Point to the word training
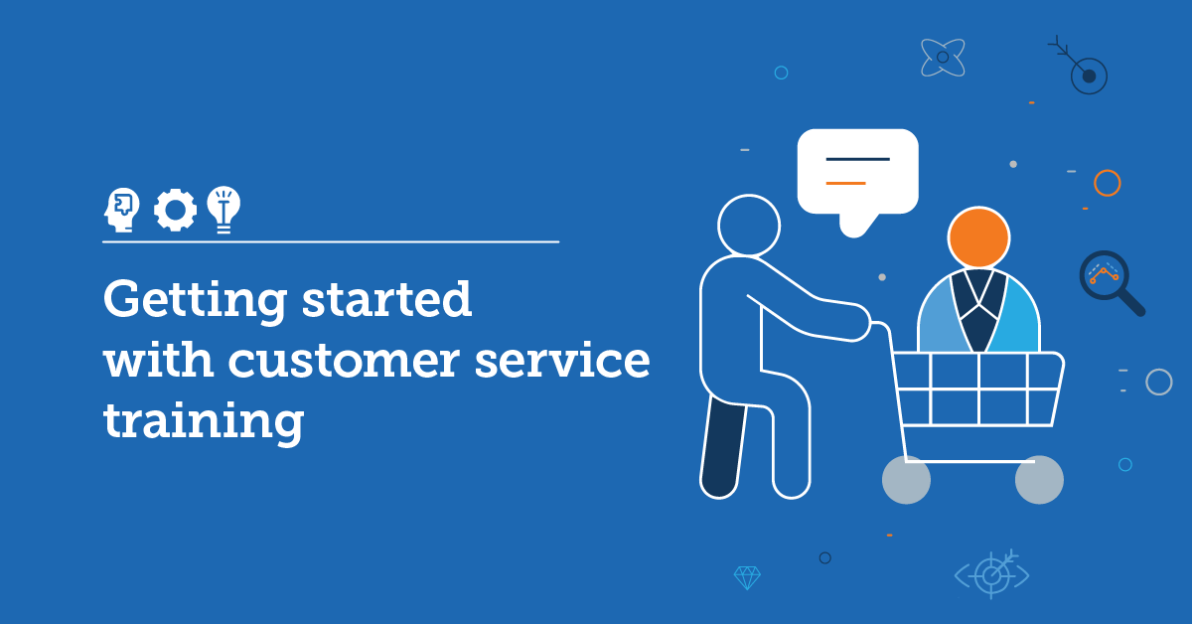coord(203,421)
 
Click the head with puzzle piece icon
coord(121,210)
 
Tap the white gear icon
coord(176,210)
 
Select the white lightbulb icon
coord(223,209)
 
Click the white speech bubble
coord(857,172)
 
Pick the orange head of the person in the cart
coord(978,237)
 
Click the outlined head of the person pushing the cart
coord(749,225)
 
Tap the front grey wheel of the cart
coord(1039,480)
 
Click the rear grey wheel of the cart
coord(906,480)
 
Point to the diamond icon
coord(747,576)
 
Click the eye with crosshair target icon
coord(991,573)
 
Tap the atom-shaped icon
coord(943,58)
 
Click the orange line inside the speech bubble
coord(845,183)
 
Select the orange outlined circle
coord(1107,183)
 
